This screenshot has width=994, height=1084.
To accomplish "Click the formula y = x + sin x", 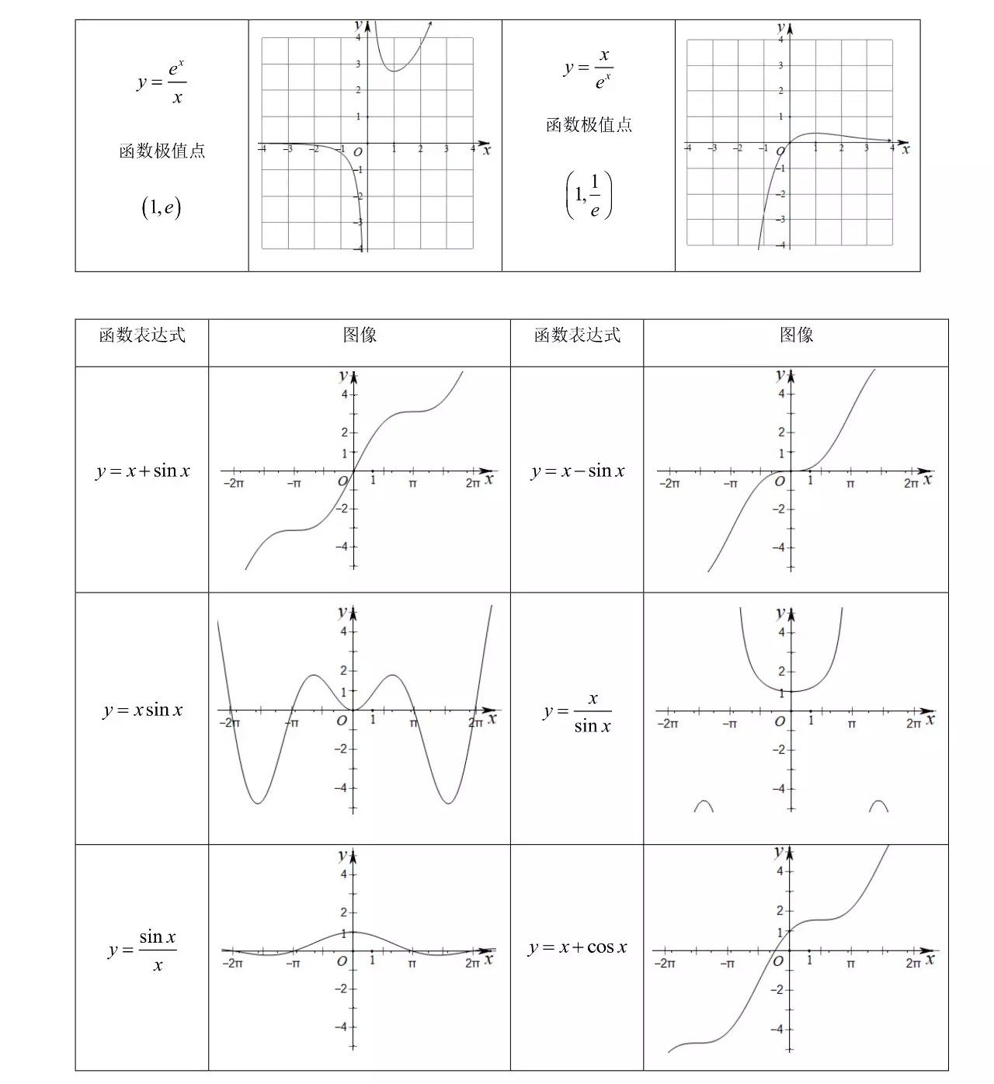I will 143,471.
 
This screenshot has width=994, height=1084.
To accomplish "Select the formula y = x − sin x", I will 578,471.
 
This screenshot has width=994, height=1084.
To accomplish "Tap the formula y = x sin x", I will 143,710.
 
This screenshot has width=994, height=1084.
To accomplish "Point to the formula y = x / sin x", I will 579,712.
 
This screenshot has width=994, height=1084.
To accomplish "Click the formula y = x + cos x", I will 578,947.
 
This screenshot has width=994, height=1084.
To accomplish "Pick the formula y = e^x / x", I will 162,82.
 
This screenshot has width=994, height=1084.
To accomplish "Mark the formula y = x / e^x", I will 589,68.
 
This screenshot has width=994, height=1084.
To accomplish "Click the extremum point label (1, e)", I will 162,207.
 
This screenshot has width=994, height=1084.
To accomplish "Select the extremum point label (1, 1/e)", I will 589,195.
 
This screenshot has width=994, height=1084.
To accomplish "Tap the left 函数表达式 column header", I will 142,335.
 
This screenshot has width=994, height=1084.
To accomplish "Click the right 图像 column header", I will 796,335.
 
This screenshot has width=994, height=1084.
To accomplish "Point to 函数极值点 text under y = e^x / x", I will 162,151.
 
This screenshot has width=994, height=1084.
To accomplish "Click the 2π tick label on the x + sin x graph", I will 473,484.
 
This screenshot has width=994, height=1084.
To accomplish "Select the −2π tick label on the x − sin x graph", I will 669,484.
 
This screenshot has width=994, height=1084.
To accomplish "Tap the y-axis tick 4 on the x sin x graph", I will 343,632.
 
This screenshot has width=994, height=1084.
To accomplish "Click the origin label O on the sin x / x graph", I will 342,961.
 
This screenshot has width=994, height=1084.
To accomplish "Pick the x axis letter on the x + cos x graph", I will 930,960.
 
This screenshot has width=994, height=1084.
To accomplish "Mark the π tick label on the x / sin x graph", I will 852,724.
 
